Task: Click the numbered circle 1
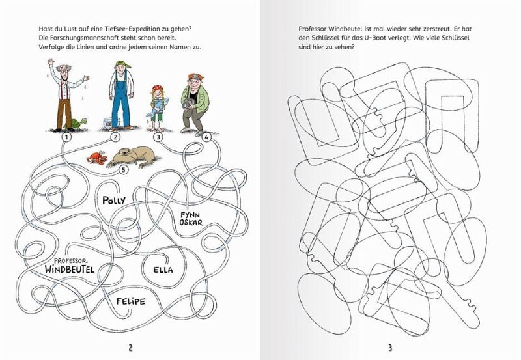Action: [x=67, y=137]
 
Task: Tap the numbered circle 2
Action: [x=115, y=137]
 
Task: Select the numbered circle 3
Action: [x=158, y=137]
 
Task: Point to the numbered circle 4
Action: [x=206, y=137]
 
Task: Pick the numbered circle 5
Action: [x=123, y=170]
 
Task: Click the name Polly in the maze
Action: [x=114, y=201]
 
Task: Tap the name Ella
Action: [x=163, y=270]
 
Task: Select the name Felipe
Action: [x=131, y=301]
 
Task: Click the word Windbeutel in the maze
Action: [x=70, y=269]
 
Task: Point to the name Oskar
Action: [x=191, y=222]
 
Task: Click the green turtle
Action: [x=77, y=124]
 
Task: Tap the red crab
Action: [x=97, y=158]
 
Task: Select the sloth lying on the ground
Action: [x=133, y=157]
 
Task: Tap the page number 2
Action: [x=130, y=348]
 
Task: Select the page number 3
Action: [x=390, y=348]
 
